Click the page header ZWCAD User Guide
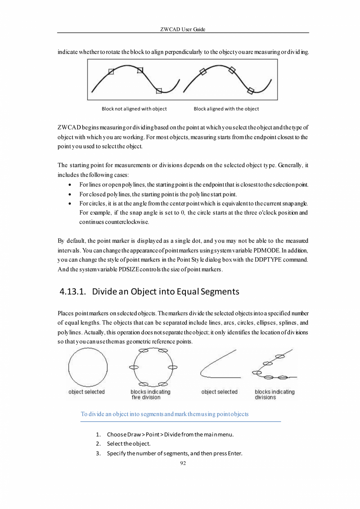[x=183, y=30]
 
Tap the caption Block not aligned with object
[x=134, y=109]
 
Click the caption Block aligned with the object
[x=226, y=109]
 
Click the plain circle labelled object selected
[x=88, y=367]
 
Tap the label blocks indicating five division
[x=150, y=395]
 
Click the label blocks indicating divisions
[x=274, y=395]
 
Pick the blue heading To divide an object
[x=164, y=414]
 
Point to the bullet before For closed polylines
[x=70, y=194]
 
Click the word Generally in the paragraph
[x=290, y=166]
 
